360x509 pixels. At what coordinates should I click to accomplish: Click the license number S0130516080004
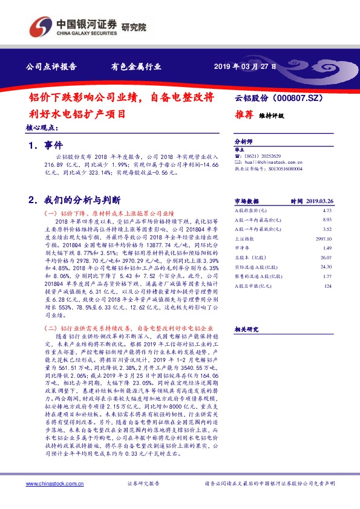pos(283,169)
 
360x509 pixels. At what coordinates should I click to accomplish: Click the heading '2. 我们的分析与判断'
pos(74,199)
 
